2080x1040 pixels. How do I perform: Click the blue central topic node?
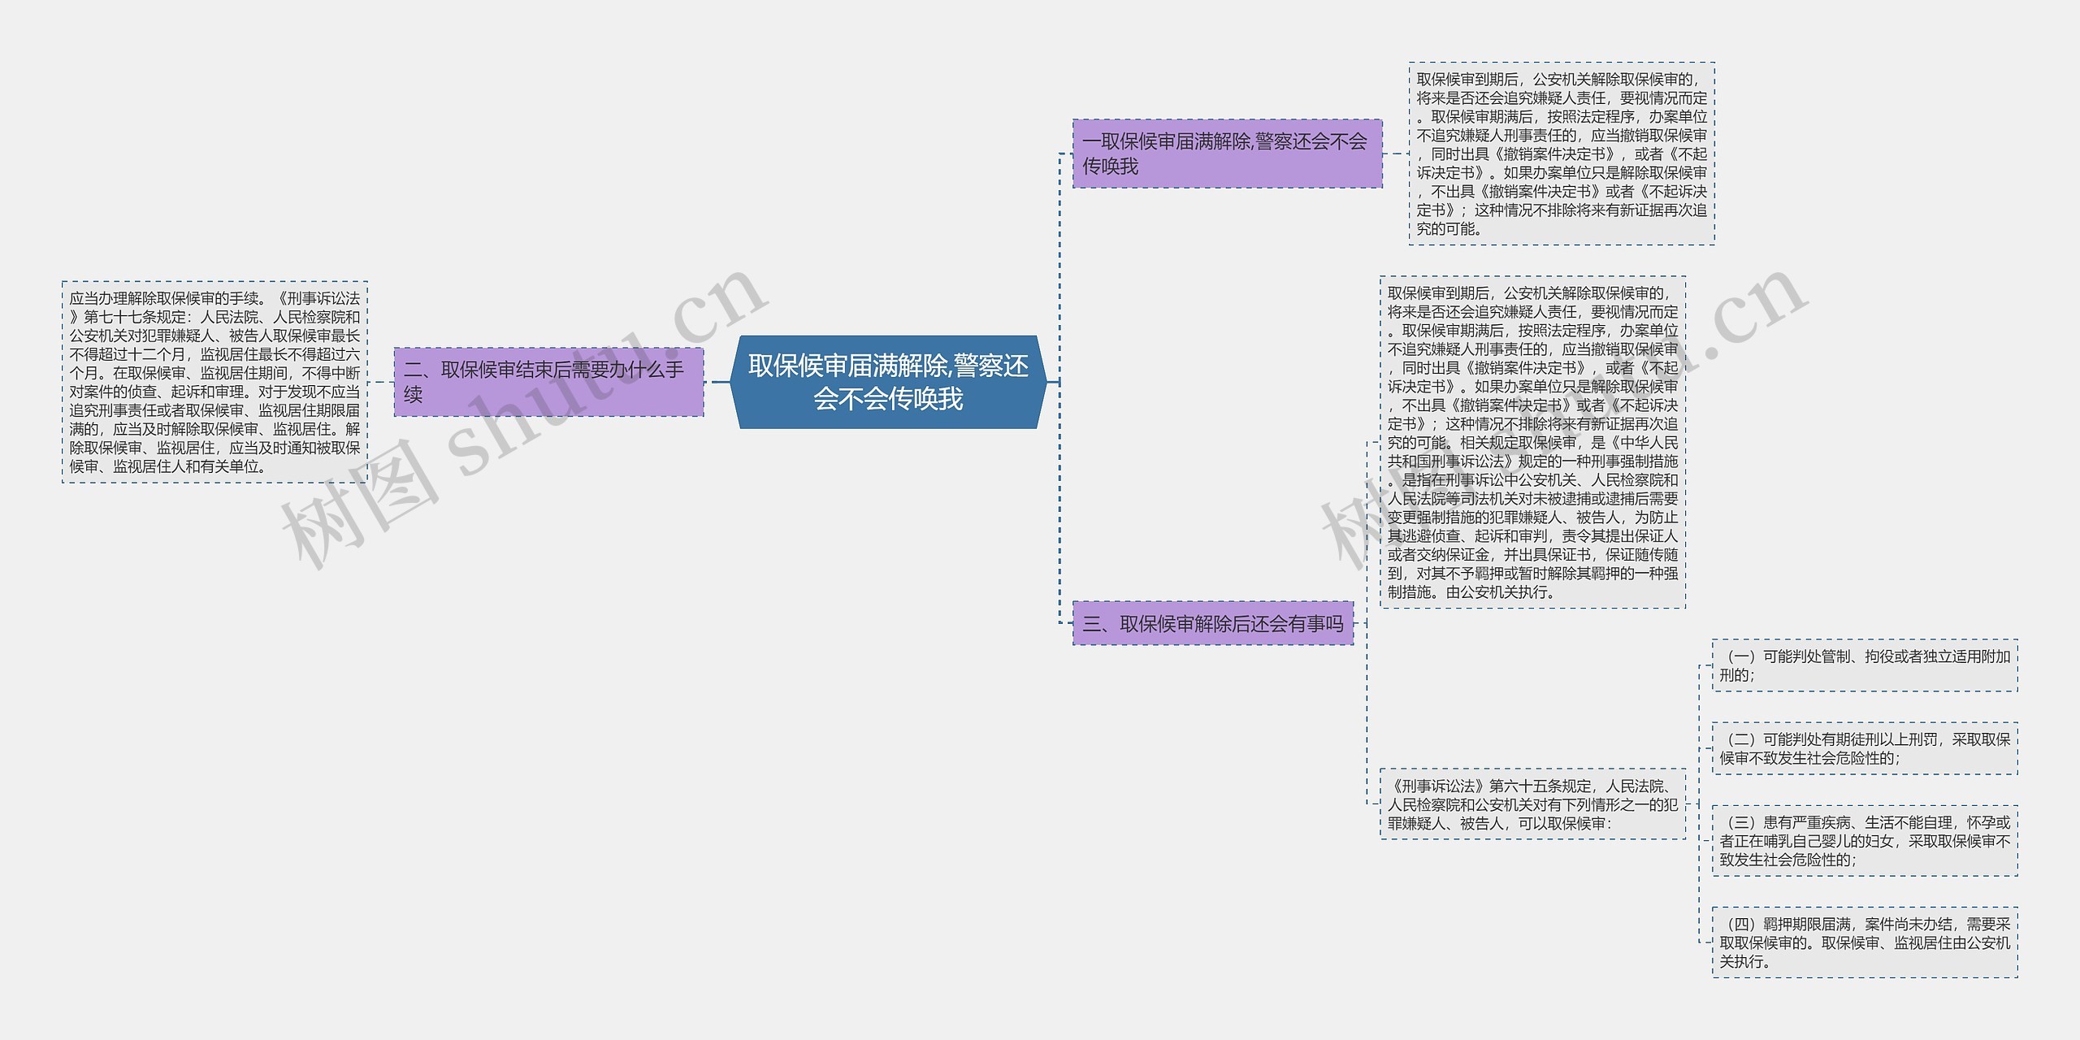coord(888,382)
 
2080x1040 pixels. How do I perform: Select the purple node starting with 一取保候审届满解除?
coord(1227,154)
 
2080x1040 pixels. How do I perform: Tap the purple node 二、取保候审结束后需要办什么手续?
coord(548,382)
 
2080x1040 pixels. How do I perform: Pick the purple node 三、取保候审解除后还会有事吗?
coord(1212,623)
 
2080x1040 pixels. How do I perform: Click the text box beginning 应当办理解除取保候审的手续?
coord(214,382)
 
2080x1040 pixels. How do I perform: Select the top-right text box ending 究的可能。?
coord(1561,154)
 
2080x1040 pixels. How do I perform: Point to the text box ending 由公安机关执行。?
coord(1532,442)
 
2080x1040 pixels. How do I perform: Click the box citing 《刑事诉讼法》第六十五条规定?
coord(1532,804)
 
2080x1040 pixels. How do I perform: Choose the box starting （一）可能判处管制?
coord(1864,665)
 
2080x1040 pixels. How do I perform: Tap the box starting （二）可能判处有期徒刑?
coord(1864,748)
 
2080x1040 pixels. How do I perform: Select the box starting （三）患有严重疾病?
coord(1864,841)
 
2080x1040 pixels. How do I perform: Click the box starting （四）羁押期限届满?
coord(1864,942)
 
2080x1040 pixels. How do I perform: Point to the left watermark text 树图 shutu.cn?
coord(520,422)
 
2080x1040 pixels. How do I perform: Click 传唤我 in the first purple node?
coord(1110,167)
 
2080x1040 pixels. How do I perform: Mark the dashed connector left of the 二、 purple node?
coord(380,382)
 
